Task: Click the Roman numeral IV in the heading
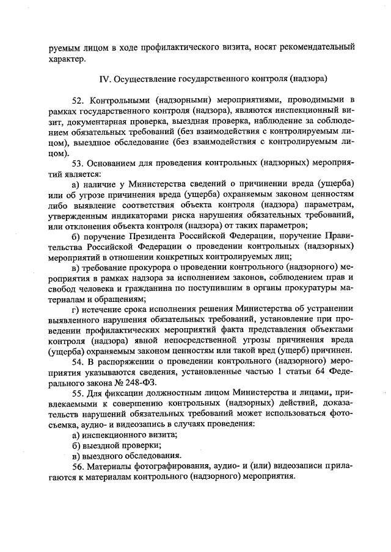pos(103,79)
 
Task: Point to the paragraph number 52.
pos(78,99)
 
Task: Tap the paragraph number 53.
pos(78,163)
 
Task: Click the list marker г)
pos(76,311)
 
